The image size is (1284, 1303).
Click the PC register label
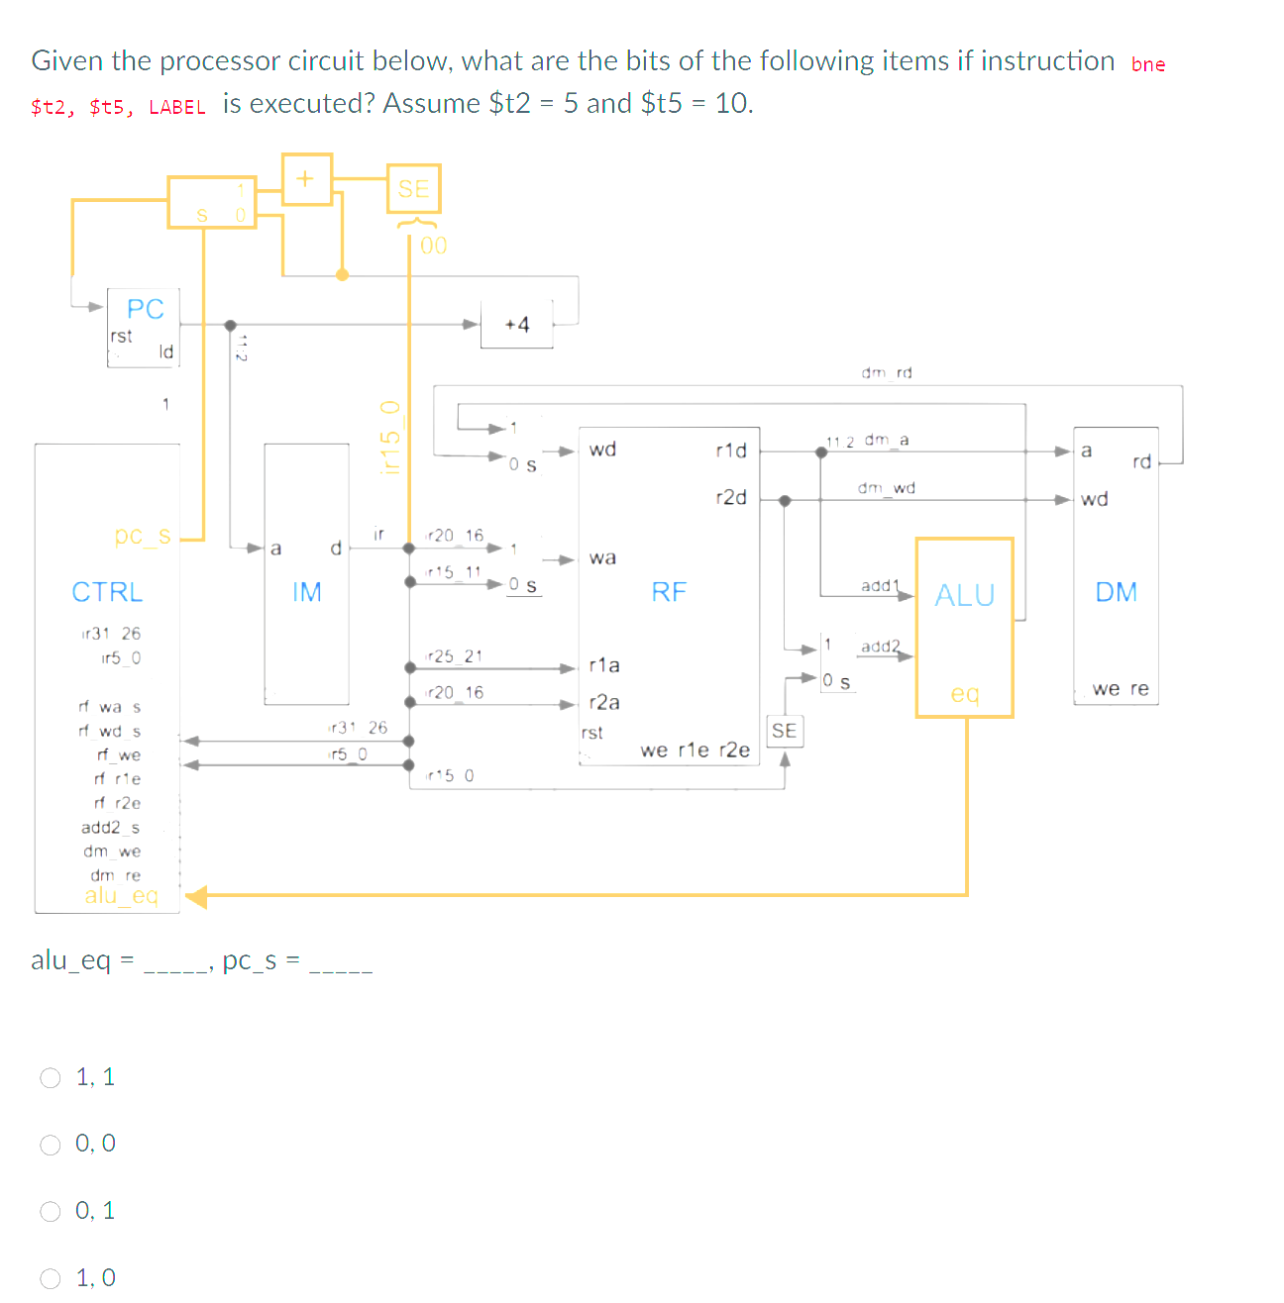pos(145,309)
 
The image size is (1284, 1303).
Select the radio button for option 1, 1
pos(51,1077)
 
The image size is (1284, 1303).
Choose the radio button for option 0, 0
pos(51,1145)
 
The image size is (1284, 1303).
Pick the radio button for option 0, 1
pos(51,1211)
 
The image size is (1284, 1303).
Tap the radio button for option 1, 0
pos(51,1278)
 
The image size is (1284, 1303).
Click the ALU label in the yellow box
pos(964,595)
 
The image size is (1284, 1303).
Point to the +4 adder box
pos(516,325)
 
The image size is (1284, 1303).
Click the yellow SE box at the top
pos(413,188)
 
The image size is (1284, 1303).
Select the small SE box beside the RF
pos(784,731)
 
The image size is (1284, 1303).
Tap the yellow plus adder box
pos(306,179)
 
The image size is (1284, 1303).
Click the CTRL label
pos(107,592)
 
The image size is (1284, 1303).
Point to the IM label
pos(306,592)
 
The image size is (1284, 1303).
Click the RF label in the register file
pos(669,592)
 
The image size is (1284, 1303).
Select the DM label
pos(1116,592)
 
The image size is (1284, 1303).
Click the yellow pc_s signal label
pos(143,536)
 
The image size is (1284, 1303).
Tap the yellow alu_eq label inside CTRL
pos(121,895)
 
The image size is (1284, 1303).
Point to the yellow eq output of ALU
pos(964,693)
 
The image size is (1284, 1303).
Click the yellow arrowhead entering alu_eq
pos(196,897)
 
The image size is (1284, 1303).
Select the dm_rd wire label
pos(886,372)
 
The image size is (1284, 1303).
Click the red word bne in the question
pos(1148,64)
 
